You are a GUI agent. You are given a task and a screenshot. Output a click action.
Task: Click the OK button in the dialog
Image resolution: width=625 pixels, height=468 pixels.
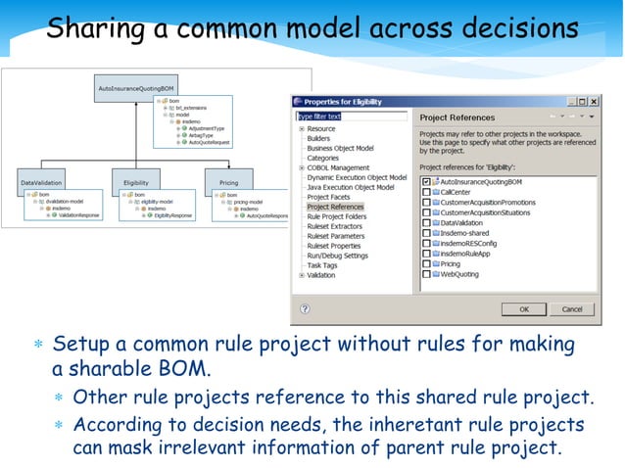point(524,308)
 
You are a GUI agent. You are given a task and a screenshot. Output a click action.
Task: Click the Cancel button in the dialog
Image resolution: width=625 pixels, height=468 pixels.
point(571,308)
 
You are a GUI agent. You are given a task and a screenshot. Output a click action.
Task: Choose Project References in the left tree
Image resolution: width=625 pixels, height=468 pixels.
point(335,207)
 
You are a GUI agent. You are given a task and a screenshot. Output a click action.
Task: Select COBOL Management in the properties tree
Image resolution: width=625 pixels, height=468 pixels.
point(338,167)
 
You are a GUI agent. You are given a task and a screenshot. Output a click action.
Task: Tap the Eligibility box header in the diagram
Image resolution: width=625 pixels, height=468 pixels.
point(136,182)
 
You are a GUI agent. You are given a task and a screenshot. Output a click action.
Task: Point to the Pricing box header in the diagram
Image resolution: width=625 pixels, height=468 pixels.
point(228,182)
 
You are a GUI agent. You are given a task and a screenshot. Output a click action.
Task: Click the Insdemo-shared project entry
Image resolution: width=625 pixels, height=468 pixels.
point(466,233)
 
